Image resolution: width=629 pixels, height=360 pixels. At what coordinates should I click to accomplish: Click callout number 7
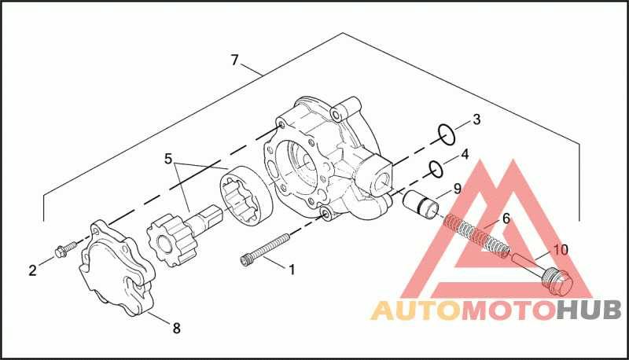[234, 61]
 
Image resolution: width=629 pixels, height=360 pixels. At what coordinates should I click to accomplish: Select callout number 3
[476, 119]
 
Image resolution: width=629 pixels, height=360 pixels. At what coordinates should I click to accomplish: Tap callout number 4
[465, 154]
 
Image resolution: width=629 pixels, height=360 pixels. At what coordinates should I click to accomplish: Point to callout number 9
[458, 189]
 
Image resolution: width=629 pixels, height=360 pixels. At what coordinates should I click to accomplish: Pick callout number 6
[506, 219]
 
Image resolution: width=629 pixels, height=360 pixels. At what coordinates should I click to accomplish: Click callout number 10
[561, 250]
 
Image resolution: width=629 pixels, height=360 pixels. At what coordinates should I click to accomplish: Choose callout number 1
[292, 270]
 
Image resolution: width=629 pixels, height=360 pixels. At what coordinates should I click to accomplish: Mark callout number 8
[176, 329]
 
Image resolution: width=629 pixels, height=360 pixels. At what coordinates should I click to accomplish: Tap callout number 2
[32, 270]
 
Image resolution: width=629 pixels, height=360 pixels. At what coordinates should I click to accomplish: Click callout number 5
[168, 159]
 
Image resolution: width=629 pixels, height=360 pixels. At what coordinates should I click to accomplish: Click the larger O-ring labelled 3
[447, 134]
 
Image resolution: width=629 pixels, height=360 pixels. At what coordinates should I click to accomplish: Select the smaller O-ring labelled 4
[436, 168]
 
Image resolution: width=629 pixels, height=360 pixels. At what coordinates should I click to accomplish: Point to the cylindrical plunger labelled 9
[421, 204]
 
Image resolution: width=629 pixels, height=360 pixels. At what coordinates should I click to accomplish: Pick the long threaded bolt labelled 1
[265, 249]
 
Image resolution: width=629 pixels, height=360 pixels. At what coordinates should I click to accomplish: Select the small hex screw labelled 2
[65, 249]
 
